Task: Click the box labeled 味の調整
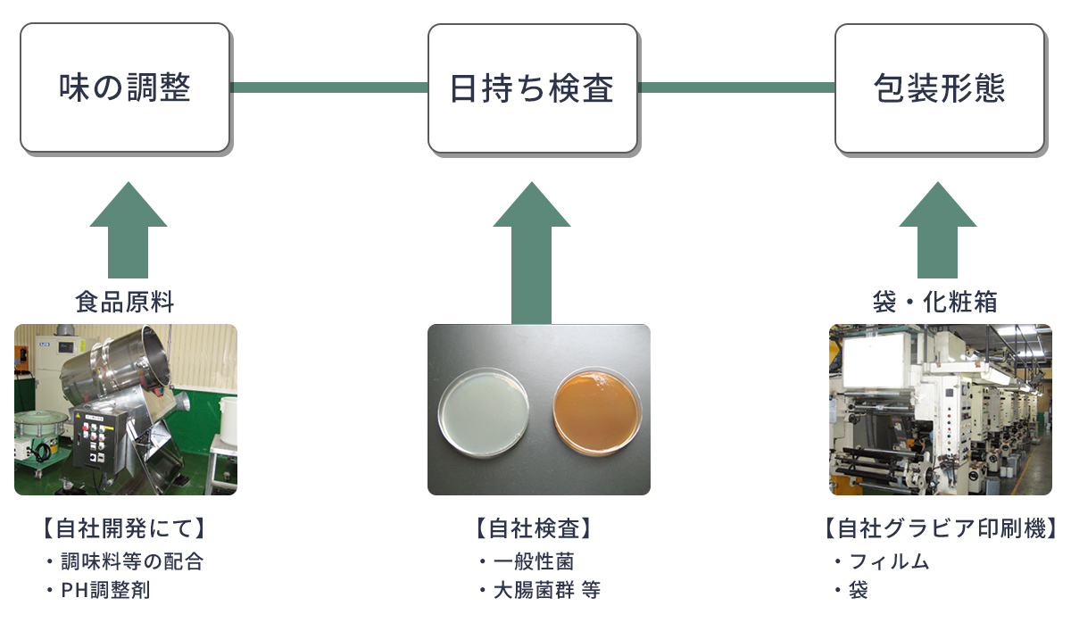(125, 87)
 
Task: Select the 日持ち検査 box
(532, 87)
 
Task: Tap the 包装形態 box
(939, 87)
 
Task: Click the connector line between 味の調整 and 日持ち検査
(328, 87)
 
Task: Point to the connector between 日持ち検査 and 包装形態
(736, 87)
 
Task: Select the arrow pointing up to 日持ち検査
(532, 254)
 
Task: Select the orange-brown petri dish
(597, 410)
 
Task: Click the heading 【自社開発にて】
(124, 528)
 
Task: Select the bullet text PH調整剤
(112, 590)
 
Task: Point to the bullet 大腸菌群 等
(546, 590)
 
